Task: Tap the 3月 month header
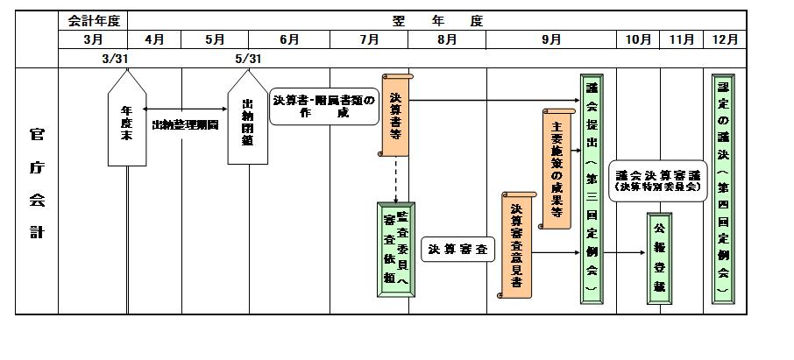click(93, 39)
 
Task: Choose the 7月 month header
click(369, 39)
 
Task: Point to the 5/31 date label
click(248, 59)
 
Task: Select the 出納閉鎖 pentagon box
click(248, 124)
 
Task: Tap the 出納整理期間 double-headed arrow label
click(186, 124)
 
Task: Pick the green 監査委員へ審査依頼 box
click(395, 248)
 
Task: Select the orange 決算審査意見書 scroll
click(517, 245)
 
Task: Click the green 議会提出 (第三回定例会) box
click(592, 189)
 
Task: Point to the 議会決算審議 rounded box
click(656, 180)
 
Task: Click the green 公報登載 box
click(660, 253)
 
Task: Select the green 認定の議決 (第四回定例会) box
click(724, 189)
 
